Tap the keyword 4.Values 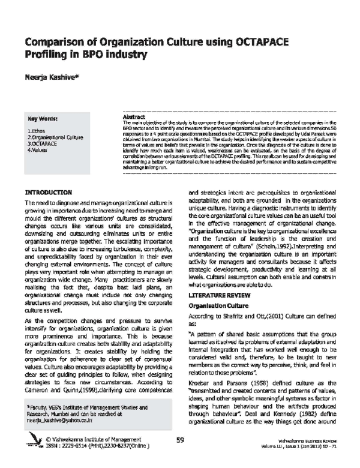(38, 150)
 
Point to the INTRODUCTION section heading (48, 193)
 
